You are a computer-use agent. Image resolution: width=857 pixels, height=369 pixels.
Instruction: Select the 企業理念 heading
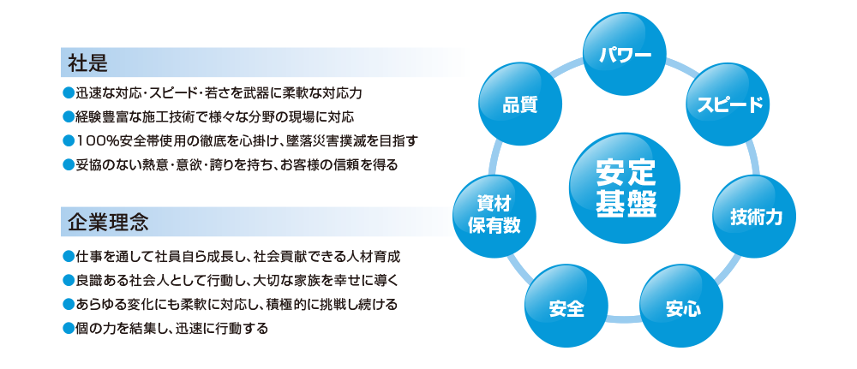point(108,222)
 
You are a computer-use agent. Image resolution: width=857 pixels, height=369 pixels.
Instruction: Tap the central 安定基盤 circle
point(625,188)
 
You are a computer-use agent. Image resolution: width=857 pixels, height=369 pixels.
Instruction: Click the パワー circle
point(625,54)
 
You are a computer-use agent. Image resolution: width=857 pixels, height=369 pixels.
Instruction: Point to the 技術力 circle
point(755,217)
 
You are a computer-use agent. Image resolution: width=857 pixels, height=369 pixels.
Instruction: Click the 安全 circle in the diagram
point(566,307)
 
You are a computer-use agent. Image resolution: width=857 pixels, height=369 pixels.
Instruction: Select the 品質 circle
point(520,104)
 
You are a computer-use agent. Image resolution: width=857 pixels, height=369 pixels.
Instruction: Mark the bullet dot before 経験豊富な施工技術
point(68,116)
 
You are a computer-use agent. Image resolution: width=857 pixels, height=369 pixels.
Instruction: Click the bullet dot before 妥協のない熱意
point(68,164)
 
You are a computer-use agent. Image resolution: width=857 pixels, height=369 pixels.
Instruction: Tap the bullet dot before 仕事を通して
point(68,255)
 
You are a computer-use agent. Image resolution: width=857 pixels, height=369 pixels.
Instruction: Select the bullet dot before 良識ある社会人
point(68,280)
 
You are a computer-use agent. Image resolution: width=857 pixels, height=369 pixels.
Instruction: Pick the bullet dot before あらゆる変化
point(68,304)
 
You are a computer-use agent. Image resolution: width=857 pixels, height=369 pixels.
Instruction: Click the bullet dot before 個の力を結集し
point(68,328)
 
